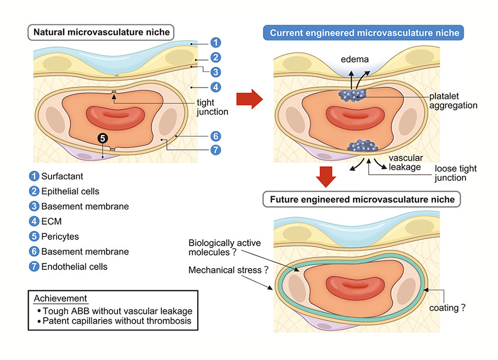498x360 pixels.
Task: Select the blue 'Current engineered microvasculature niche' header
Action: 364,33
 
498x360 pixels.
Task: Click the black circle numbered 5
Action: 103,138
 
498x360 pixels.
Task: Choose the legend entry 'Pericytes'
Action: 60,237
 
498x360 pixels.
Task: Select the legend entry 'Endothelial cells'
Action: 74,266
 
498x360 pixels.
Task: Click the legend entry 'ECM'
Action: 52,222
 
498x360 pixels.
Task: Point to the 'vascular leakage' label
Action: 406,163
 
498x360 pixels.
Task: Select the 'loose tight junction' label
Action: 455,173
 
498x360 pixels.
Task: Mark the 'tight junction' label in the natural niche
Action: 212,107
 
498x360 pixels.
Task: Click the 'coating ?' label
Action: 446,308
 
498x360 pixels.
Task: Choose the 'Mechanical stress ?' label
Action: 228,270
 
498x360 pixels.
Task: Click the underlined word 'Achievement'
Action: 61,298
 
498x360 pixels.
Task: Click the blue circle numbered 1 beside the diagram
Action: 215,42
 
